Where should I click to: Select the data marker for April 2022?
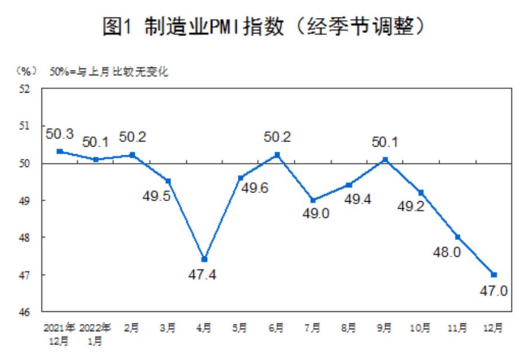click(x=204, y=260)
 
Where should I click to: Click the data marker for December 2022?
click(x=494, y=275)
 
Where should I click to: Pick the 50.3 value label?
click(x=59, y=134)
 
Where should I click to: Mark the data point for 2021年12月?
click(x=60, y=151)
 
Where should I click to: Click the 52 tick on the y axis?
click(x=26, y=89)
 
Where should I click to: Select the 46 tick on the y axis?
click(x=26, y=313)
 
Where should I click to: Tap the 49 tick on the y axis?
click(x=26, y=201)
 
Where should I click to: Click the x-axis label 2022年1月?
click(x=95, y=334)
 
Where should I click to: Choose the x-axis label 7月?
click(x=313, y=328)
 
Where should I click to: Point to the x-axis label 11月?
click(x=458, y=328)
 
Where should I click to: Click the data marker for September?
click(x=385, y=159)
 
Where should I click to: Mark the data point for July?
click(x=313, y=200)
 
